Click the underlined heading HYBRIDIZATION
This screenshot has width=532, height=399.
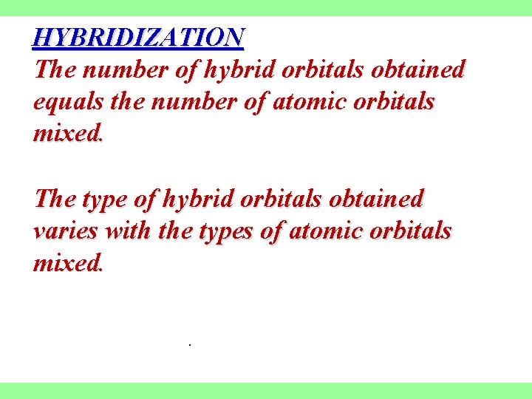138,36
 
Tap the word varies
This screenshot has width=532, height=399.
66,231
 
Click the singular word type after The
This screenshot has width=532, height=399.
104,199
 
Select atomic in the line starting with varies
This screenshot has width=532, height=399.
328,231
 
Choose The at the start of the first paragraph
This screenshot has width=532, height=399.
56,69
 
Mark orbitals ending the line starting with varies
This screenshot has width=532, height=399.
413,231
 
